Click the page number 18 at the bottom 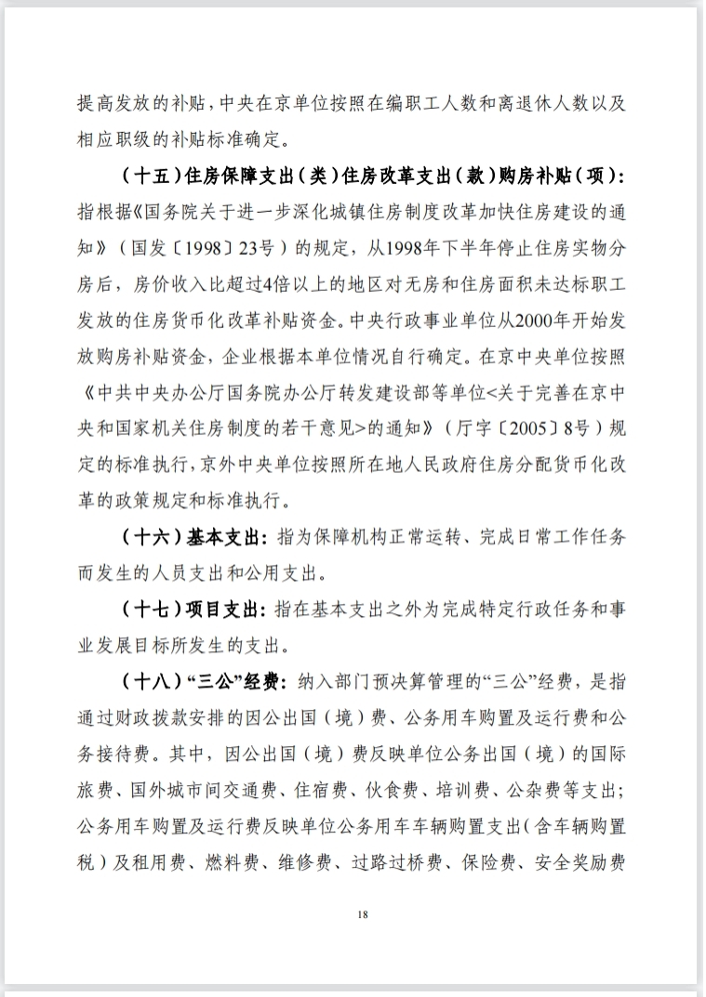click(x=363, y=914)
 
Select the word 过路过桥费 click(x=409, y=861)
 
